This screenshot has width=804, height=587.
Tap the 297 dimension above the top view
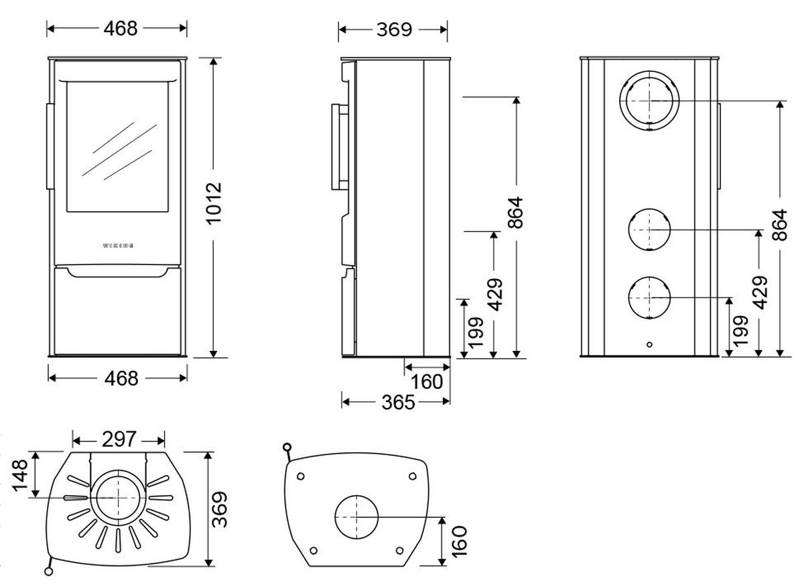click(x=120, y=440)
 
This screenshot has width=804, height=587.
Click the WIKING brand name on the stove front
click(x=117, y=246)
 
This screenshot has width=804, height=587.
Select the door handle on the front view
click(x=49, y=146)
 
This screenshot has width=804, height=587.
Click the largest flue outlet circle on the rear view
click(x=650, y=102)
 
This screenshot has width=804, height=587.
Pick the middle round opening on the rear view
click(x=650, y=229)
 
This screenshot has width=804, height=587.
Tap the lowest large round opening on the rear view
click(x=650, y=297)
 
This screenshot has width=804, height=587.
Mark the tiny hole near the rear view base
click(x=649, y=345)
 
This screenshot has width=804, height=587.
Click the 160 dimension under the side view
click(x=428, y=382)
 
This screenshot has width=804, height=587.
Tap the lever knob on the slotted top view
click(x=48, y=571)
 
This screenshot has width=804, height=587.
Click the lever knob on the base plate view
click(x=287, y=447)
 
